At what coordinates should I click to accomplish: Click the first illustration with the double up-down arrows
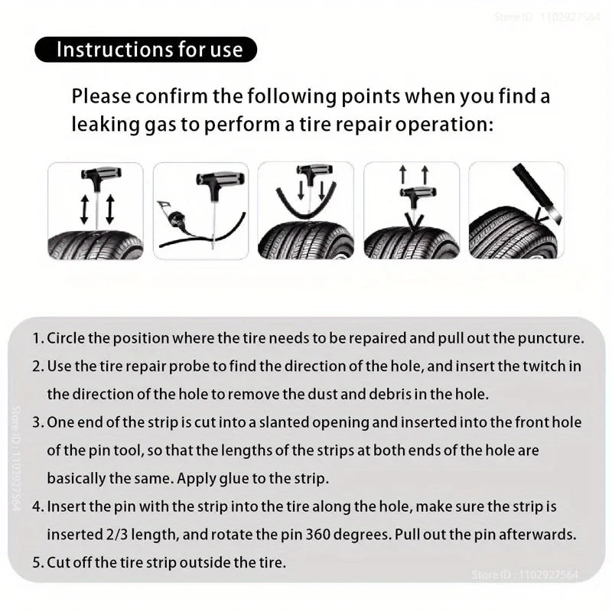tap(96, 211)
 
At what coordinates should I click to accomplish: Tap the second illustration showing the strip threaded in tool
tap(200, 211)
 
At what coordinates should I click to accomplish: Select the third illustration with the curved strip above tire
tap(305, 211)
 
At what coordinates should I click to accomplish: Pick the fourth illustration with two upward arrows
tap(411, 211)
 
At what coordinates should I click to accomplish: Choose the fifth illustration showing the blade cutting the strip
tap(516, 211)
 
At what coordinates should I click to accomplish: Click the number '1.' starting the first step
tap(38, 338)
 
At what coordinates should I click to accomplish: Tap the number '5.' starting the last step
tap(38, 562)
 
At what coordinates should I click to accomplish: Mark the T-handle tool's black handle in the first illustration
tap(96, 180)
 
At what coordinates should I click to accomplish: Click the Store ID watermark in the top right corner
tap(548, 16)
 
